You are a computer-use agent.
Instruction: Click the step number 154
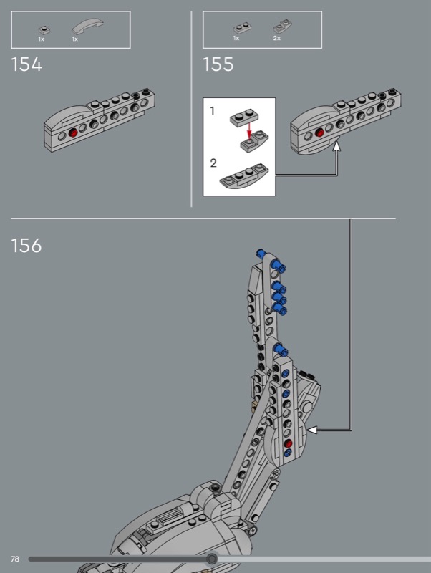(x=26, y=64)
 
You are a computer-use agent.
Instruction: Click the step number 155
(x=218, y=64)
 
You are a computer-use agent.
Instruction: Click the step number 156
(x=26, y=245)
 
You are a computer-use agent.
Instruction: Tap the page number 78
(x=15, y=559)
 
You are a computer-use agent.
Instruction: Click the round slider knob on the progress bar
(x=212, y=559)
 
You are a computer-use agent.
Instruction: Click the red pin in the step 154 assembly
(x=74, y=133)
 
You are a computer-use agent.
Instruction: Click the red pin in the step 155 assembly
(x=319, y=133)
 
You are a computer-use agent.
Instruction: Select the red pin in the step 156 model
(x=289, y=443)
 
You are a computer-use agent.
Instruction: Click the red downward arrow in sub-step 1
(x=249, y=131)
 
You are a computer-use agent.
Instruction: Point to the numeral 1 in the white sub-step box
(x=212, y=110)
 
